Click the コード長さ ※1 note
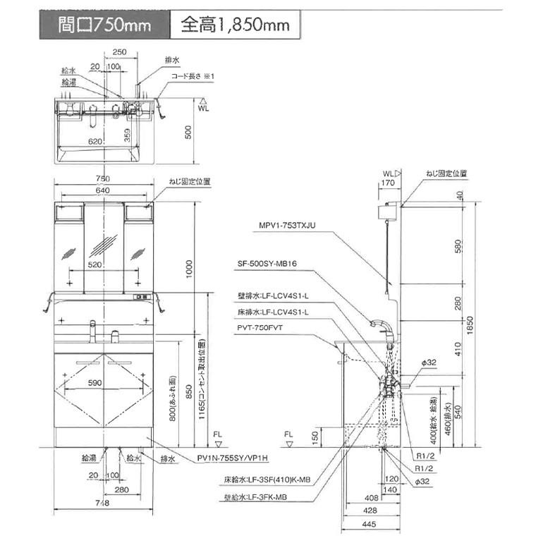pos(194,76)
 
